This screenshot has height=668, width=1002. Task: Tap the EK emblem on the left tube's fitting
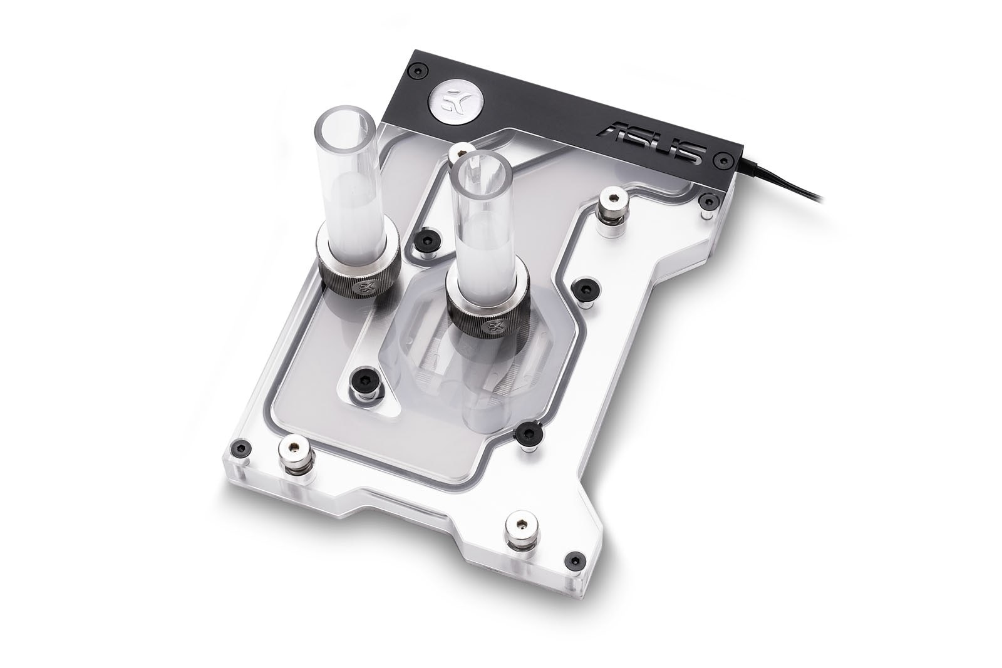coord(361,289)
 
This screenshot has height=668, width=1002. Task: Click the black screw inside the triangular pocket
coord(364,379)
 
